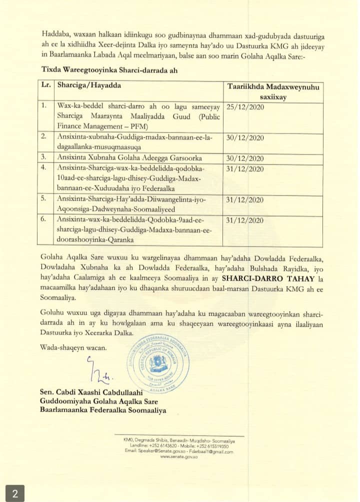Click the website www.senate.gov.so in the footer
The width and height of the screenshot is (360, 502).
(x=178, y=456)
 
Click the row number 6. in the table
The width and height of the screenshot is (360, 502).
(x=44, y=220)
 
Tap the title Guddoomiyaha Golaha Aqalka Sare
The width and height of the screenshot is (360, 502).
(x=95, y=401)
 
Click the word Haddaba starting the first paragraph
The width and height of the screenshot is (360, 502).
(x=54, y=22)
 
